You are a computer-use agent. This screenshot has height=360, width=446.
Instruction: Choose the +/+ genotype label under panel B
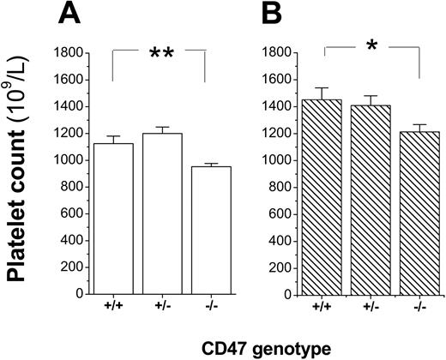coord(324,308)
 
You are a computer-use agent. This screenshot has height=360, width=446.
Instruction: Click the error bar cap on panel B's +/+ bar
coord(324,87)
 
